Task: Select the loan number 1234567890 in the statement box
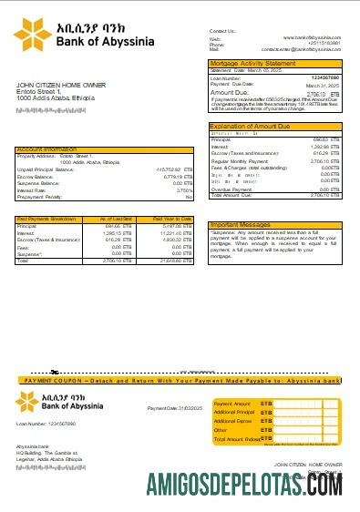pyautogui.click(x=325, y=77)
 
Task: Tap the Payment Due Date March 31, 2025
pyautogui.click(x=331, y=85)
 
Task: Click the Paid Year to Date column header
pyautogui.click(x=173, y=220)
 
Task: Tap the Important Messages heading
pyautogui.click(x=240, y=224)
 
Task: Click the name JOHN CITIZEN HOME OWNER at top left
pyautogui.click(x=56, y=85)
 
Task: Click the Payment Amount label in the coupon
pyautogui.click(x=231, y=402)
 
